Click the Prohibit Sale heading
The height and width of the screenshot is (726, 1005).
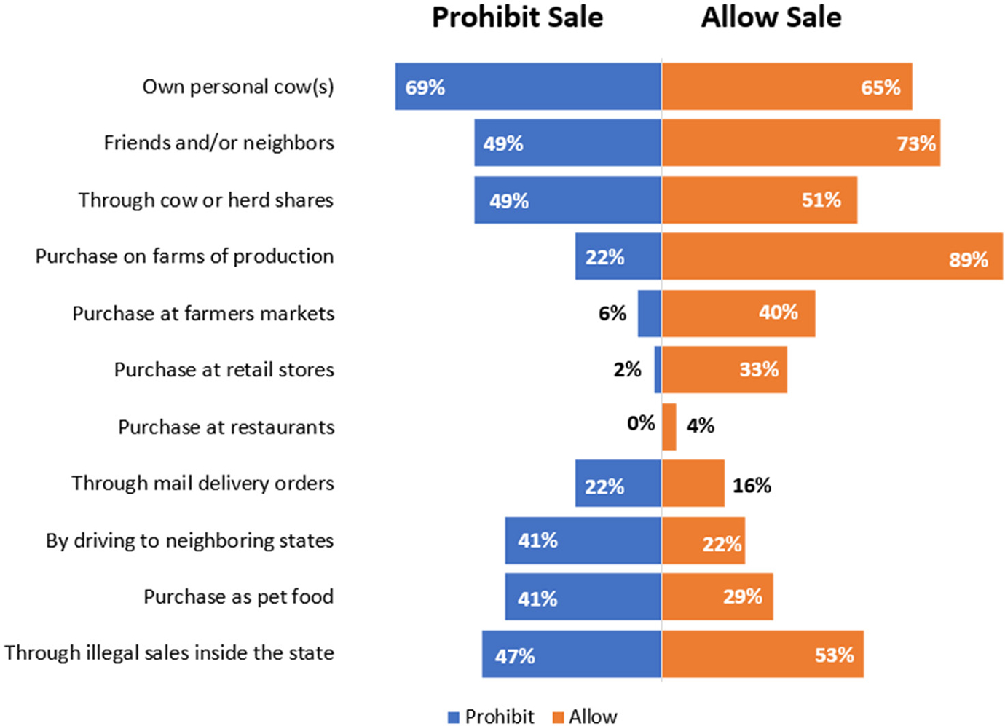(517, 17)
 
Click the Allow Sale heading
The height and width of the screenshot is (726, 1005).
(771, 17)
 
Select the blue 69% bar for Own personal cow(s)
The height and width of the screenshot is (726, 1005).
(528, 87)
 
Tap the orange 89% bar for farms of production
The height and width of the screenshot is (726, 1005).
(832, 256)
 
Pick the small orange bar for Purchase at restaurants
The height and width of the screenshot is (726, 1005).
(669, 427)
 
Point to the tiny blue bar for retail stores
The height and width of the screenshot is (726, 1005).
(658, 370)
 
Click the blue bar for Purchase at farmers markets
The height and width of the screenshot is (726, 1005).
(650, 314)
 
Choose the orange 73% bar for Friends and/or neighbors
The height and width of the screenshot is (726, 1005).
(800, 143)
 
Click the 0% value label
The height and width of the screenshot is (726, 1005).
(641, 424)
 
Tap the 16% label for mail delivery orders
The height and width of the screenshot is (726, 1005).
(752, 486)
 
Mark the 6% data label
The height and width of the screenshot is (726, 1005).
(612, 313)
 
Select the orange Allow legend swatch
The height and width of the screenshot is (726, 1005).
(559, 718)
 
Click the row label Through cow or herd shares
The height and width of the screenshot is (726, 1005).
(206, 200)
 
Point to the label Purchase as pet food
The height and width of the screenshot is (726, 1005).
(238, 597)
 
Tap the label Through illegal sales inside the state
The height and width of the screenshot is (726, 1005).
(170, 653)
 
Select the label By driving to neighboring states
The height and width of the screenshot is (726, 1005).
(190, 541)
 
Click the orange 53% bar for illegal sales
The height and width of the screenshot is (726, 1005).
(762, 654)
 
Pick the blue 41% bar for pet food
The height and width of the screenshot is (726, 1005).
(583, 597)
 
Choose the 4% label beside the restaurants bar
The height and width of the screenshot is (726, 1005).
(700, 425)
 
